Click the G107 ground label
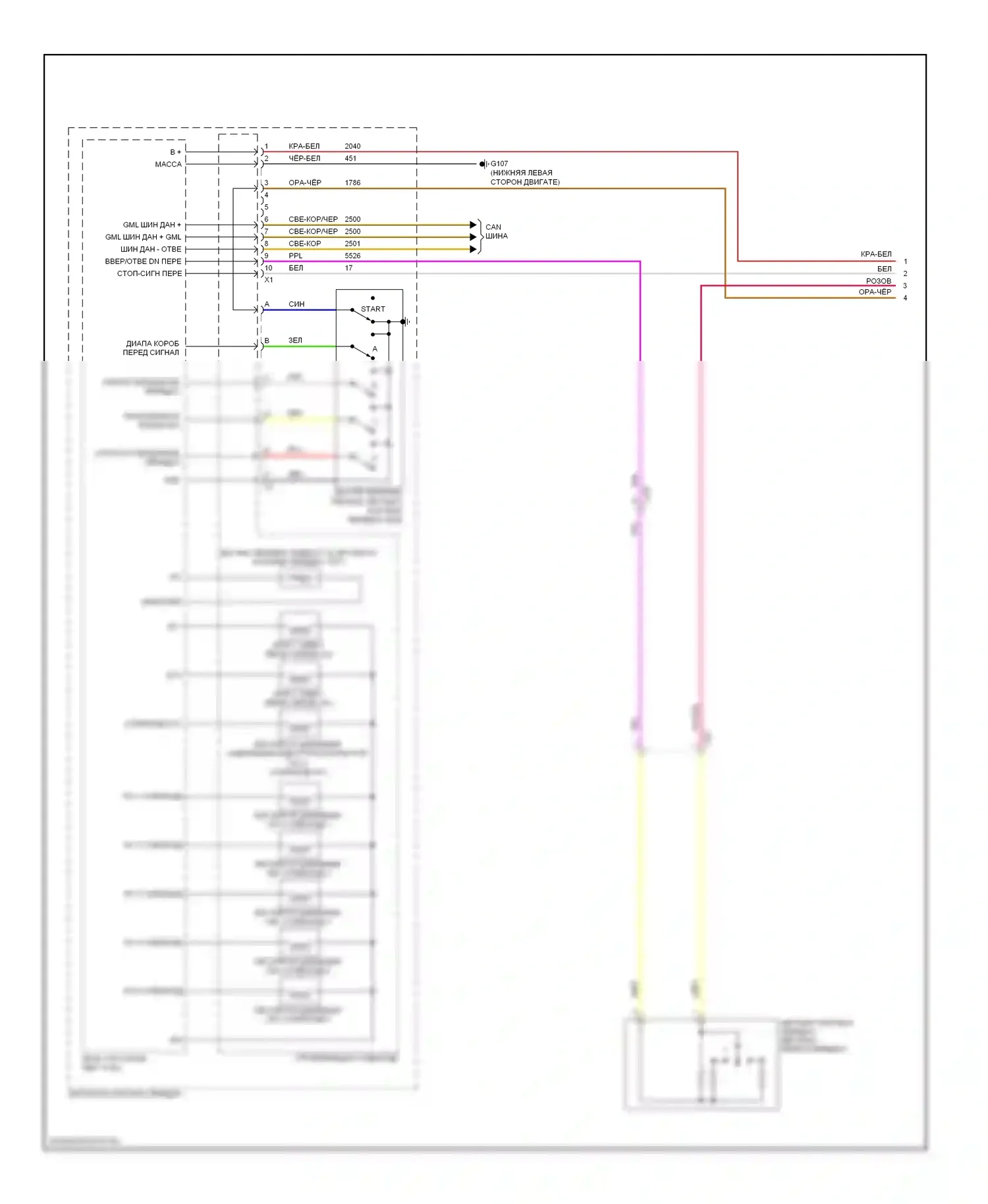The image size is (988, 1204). [499, 163]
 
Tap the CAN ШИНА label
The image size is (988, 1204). [496, 231]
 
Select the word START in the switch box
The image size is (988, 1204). [373, 309]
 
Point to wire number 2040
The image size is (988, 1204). [352, 146]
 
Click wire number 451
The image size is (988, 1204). [350, 158]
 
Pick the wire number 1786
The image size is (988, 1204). [352, 182]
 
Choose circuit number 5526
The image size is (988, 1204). [352, 256]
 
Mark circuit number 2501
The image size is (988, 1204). [352, 244]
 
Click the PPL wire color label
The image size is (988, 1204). [296, 256]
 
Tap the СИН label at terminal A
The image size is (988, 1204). [296, 304]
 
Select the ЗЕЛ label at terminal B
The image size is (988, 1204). [295, 341]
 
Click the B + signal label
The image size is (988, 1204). [175, 152]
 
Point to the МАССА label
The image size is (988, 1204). [168, 164]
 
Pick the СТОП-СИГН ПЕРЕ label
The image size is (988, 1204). [149, 273]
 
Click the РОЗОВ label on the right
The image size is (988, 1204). [878, 281]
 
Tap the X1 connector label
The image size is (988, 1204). [269, 280]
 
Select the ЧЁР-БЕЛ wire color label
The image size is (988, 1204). [304, 158]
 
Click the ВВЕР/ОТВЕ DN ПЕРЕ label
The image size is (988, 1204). [143, 261]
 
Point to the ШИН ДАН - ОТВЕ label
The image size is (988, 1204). [150, 249]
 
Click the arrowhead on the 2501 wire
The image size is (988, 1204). [473, 249]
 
